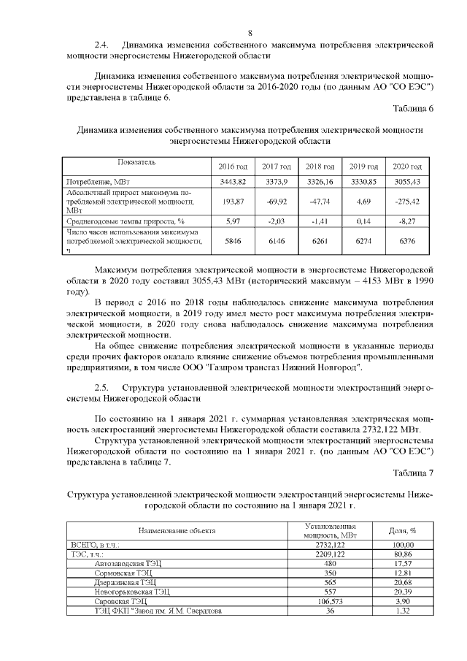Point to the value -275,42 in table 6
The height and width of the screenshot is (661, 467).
[407, 199]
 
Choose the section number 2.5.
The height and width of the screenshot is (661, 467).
[103, 386]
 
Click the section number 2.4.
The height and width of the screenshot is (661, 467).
[103, 45]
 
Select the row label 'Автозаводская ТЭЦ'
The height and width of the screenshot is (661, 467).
[128, 563]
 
